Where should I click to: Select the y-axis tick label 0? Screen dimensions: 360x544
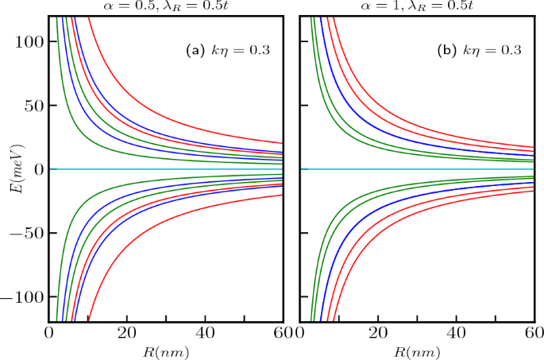pos(38,169)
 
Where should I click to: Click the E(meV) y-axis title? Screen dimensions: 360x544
pos(14,169)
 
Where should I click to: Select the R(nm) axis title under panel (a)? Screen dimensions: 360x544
pos(166,350)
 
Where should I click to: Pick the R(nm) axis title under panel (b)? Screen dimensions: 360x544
pos(415,350)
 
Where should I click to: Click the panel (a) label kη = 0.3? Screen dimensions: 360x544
pos(227,51)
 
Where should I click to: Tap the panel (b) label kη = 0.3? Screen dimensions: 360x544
pos(479,51)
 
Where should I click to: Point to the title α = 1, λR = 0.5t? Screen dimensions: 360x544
pos(415,7)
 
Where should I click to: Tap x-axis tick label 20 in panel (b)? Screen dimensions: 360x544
pos(378,333)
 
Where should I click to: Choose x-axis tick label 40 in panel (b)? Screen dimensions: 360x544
pos(456,333)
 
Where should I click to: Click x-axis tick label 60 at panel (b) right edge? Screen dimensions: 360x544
pos(531,333)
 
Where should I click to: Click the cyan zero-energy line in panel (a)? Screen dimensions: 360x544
pos(159,169)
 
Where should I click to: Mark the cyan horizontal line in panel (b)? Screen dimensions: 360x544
pos(413,169)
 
